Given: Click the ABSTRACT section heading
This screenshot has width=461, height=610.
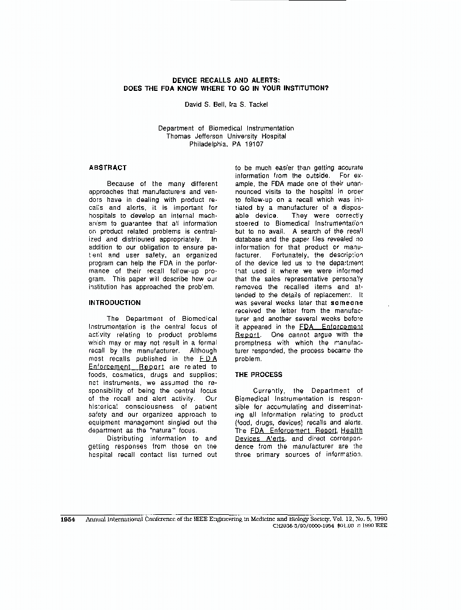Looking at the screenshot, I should [107, 168].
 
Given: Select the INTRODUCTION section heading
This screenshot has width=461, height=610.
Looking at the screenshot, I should [114, 303].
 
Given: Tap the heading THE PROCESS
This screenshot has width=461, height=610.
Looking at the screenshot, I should [258, 375].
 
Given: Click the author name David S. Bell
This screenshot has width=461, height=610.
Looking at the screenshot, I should [205, 105].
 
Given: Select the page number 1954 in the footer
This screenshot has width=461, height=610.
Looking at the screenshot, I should [68, 519].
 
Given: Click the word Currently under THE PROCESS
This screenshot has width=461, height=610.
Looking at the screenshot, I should [270, 391].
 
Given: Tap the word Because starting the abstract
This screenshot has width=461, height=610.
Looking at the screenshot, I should [121, 184].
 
